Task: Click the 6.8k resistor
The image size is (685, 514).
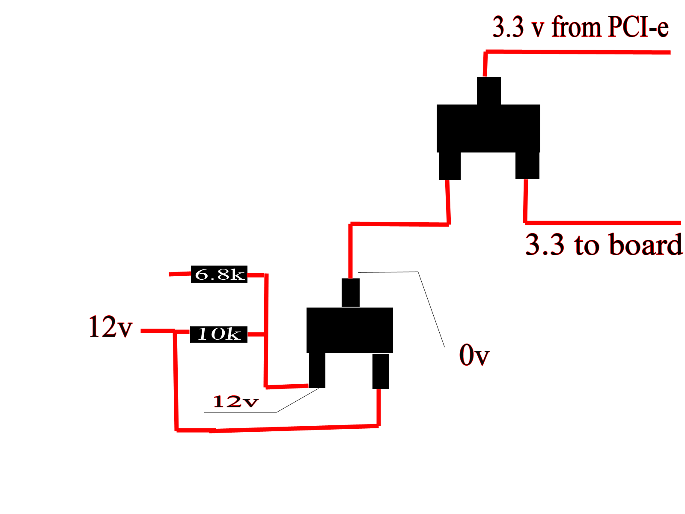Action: click(x=219, y=274)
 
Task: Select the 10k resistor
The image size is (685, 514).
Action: click(x=219, y=334)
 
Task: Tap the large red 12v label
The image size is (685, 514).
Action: click(x=111, y=327)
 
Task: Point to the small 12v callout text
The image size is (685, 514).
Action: click(x=235, y=401)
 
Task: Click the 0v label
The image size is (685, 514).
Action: click(x=474, y=355)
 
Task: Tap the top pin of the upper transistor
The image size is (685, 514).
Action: click(x=489, y=91)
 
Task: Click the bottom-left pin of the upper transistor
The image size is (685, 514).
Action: click(x=450, y=166)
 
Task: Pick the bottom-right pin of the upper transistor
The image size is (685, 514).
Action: click(x=527, y=165)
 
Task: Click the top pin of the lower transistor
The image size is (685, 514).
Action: click(x=351, y=293)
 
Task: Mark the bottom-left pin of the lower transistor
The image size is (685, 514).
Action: click(x=317, y=370)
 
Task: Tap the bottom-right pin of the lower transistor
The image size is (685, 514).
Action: click(x=381, y=371)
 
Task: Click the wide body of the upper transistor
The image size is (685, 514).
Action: click(x=488, y=128)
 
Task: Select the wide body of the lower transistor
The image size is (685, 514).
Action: click(x=349, y=330)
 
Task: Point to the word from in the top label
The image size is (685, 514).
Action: click(x=577, y=27)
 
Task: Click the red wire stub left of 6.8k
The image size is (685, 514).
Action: click(x=180, y=274)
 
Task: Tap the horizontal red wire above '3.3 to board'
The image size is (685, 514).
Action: click(x=603, y=223)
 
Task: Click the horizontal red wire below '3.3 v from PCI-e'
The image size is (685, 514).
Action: click(x=578, y=52)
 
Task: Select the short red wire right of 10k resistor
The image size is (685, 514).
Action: click(x=256, y=334)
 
